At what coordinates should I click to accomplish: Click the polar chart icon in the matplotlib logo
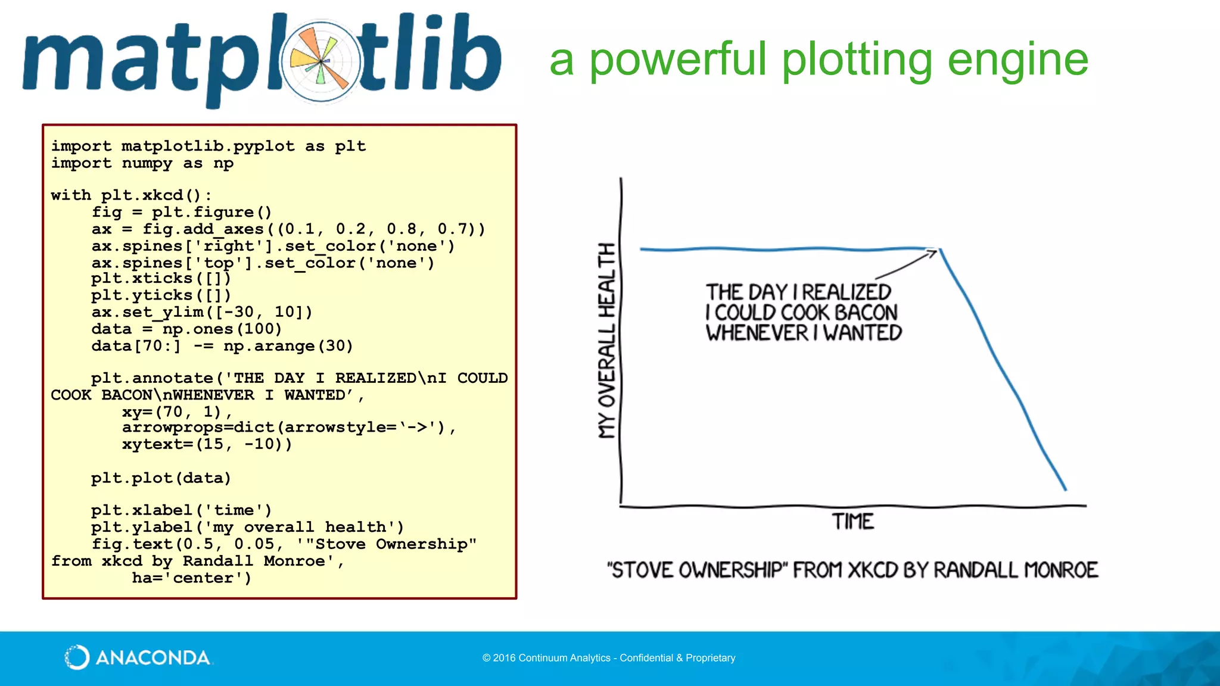coord(321,61)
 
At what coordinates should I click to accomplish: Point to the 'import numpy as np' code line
coord(142,163)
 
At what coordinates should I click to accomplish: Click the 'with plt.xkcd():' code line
coord(131,195)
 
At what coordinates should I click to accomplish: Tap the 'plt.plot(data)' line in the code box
coord(161,478)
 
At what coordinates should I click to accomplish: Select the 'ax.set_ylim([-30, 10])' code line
coord(201,312)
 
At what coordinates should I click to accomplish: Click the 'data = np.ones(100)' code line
coord(186,329)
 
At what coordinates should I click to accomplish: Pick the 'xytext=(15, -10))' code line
coord(207,444)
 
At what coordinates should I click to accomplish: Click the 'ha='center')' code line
coord(191,578)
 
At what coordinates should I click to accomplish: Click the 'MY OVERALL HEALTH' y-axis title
coord(606,341)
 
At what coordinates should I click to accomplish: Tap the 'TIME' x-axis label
coord(853,522)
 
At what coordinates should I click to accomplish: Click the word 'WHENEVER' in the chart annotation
coord(757,333)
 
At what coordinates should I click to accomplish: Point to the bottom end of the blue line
coord(1065,489)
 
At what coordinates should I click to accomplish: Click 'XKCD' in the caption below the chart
coord(873,570)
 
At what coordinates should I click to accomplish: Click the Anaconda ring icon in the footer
coord(77,657)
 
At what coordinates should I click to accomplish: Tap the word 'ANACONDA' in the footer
coord(152,658)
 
